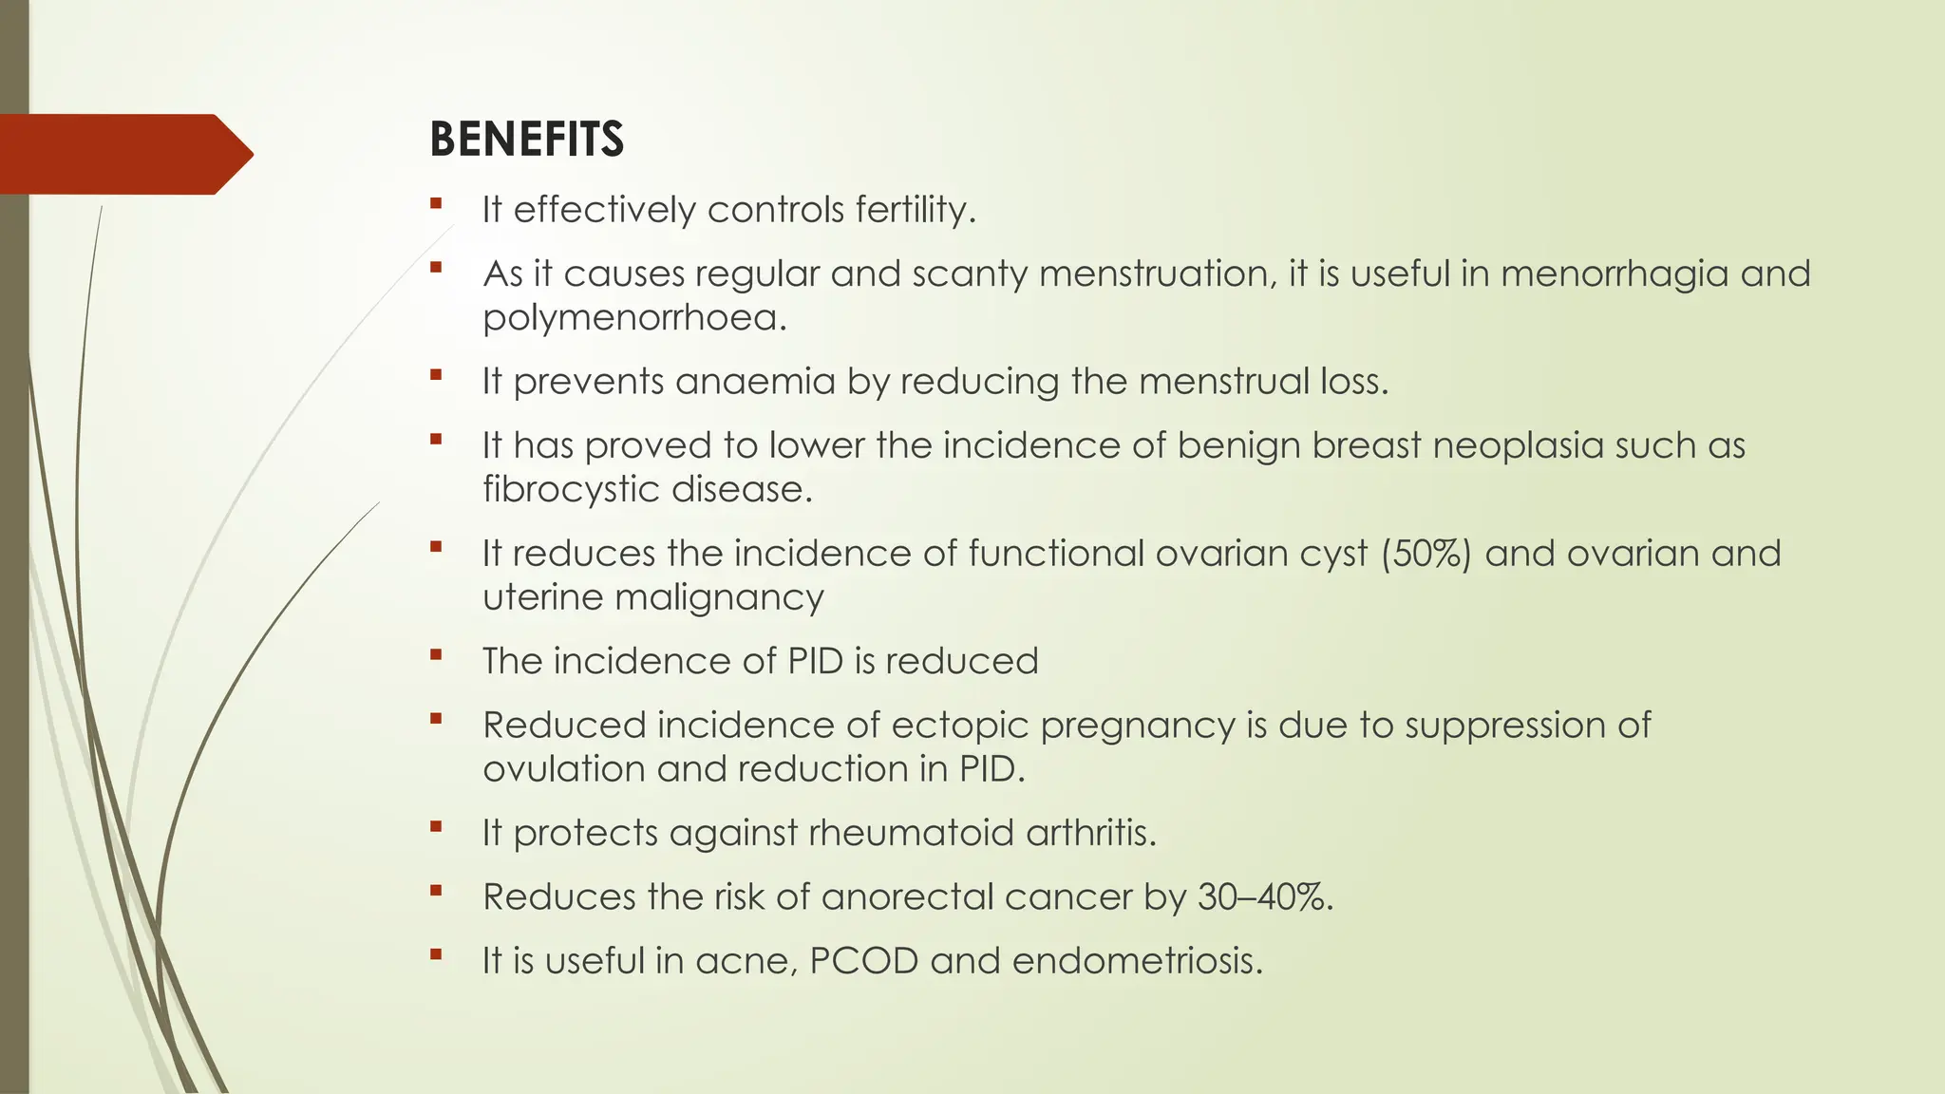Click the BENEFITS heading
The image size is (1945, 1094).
(526, 140)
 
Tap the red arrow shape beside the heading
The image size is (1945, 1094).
(123, 154)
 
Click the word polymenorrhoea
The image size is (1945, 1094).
(633, 318)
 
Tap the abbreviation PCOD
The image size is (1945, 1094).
(863, 961)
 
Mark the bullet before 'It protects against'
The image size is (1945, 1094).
(436, 827)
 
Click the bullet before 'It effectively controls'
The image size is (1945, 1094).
(436, 204)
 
